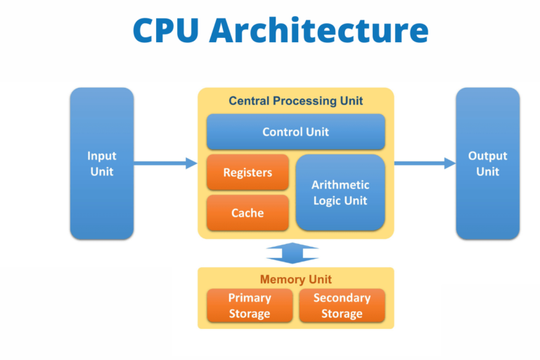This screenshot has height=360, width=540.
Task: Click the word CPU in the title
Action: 166,30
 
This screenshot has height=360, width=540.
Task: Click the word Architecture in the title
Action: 319,30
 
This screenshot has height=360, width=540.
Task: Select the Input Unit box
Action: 101,163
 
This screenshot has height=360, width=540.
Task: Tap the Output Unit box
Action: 487,163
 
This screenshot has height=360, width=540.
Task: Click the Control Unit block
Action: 295,131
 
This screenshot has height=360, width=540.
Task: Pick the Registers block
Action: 247,172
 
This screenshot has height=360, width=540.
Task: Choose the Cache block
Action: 247,213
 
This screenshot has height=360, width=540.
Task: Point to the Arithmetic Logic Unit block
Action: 340,193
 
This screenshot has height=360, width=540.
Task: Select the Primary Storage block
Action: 250,306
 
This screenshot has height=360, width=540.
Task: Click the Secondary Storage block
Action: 342,306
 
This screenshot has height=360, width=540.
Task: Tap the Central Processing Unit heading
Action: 295,101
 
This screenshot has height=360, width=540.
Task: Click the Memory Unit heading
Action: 295,279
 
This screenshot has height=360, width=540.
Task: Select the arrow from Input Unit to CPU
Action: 165,164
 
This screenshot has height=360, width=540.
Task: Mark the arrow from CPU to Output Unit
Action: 425,164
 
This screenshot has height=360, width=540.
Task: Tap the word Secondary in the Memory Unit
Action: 342,298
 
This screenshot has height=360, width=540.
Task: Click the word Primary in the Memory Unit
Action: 250,298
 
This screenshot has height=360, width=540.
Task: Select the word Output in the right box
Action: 487,156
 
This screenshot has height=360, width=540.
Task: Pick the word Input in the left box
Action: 101,156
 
